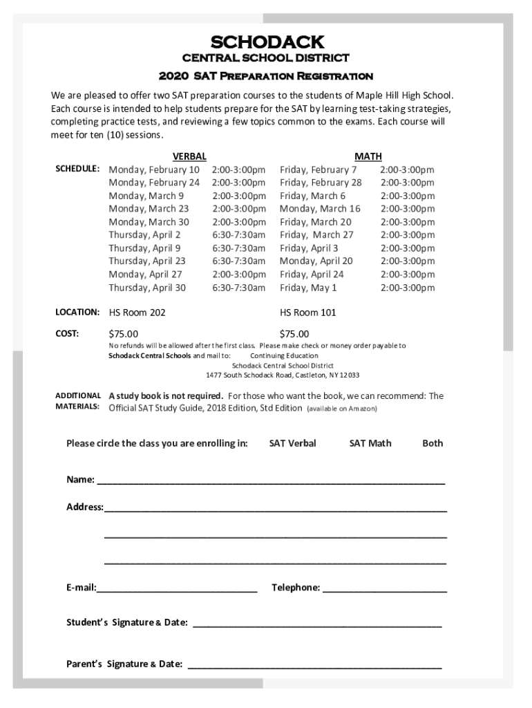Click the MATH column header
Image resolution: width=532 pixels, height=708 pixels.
coord(368,157)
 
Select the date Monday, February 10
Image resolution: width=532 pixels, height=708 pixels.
coord(154,170)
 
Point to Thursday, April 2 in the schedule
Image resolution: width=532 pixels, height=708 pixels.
coord(144,235)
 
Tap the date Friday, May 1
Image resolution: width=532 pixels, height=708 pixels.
coord(308,288)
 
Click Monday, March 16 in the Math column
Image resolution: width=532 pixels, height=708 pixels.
coord(320,209)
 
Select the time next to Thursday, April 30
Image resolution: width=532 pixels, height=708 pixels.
coord(238,288)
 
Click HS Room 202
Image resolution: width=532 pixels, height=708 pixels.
coord(137,313)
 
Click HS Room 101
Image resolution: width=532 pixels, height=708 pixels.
coord(307,313)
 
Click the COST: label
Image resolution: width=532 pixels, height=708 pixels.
coord(67,334)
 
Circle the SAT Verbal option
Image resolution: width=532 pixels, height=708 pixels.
coord(292,443)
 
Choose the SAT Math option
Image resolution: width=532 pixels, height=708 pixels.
coord(370,443)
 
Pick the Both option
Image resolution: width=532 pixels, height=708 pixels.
coord(433,443)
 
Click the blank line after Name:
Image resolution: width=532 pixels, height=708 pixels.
coord(271,481)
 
